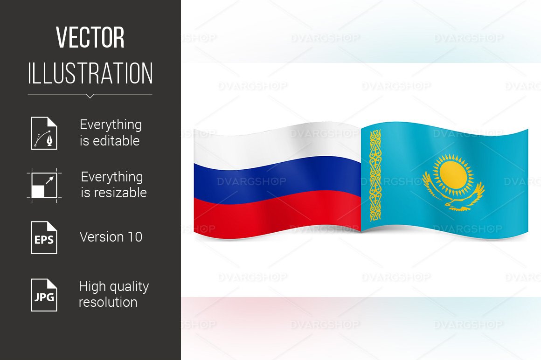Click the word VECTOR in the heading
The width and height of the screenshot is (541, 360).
90,38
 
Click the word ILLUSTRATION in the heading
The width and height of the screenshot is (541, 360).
90,74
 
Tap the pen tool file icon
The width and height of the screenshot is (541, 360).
44,133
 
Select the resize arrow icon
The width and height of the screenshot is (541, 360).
44,185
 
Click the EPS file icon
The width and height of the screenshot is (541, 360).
44,237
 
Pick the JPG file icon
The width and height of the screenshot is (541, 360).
44,295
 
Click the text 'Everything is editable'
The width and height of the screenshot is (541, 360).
111,133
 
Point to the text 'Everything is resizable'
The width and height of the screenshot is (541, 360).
113,185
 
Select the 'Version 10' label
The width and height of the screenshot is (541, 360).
111,237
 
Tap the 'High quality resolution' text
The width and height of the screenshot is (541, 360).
113,294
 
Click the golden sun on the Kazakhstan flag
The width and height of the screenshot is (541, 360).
453,173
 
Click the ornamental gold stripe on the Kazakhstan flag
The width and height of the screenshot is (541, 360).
375,175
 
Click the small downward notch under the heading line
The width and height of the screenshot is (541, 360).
90,96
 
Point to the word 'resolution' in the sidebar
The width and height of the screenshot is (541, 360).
108,302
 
